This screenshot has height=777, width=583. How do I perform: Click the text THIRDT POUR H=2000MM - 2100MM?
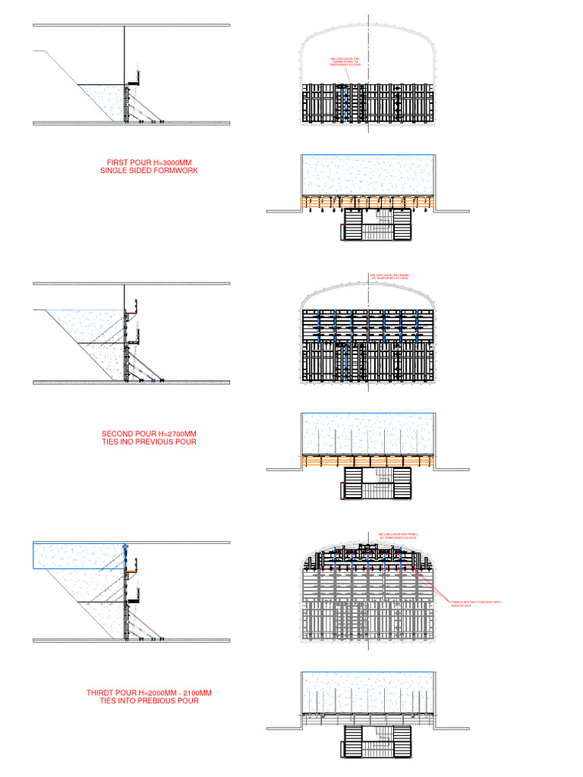(149, 693)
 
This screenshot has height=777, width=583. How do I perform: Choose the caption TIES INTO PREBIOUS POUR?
(149, 701)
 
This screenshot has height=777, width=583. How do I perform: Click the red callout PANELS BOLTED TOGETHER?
(476, 604)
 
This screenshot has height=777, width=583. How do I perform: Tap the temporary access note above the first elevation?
(345, 61)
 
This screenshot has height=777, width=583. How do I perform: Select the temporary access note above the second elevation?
(389, 277)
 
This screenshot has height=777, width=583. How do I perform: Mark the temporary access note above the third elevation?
(399, 536)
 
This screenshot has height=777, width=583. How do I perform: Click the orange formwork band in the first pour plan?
(367, 202)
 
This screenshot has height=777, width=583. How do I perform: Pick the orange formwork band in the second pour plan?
(367, 460)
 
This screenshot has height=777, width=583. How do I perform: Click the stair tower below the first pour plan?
(377, 225)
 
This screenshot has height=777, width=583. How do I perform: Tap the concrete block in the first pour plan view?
(367, 175)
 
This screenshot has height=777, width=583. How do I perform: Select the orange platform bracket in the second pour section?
(131, 312)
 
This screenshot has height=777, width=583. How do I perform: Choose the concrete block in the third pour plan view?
(367, 691)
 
